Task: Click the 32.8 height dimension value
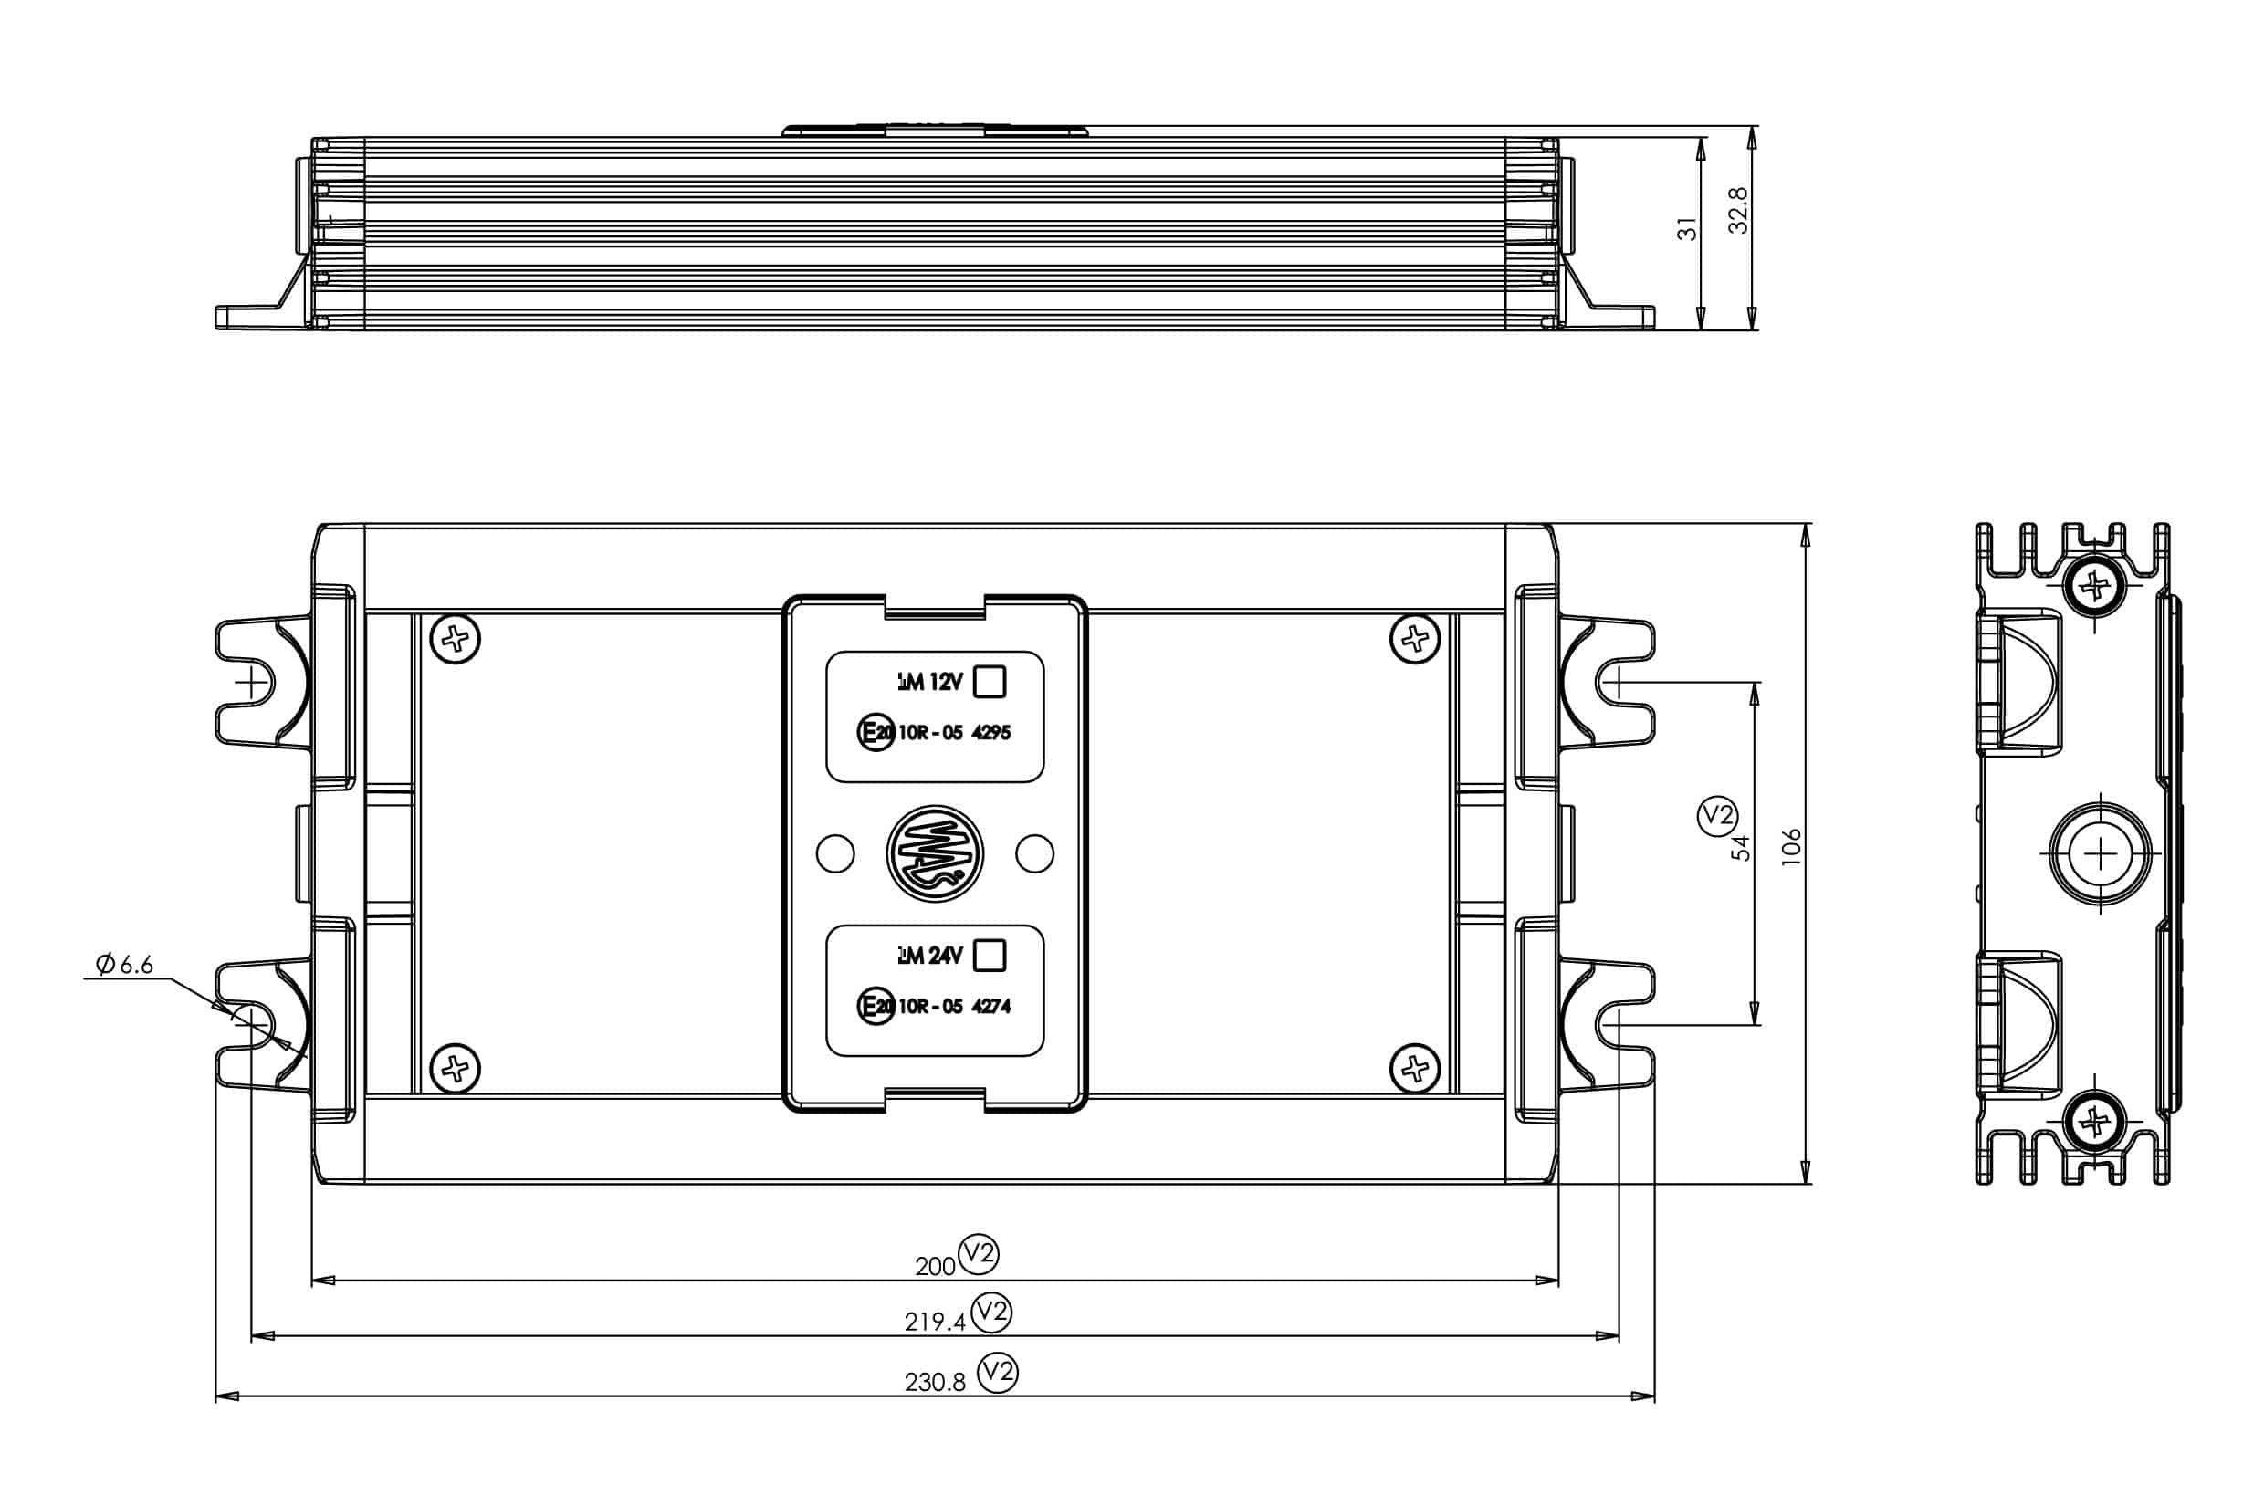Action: [1737, 210]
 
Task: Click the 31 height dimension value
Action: [1687, 228]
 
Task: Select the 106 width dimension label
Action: [1790, 847]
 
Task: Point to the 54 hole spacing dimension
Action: [1741, 848]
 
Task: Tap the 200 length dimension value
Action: [934, 1267]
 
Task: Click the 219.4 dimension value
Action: [934, 1323]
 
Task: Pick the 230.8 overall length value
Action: [934, 1382]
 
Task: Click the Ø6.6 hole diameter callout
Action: [125, 965]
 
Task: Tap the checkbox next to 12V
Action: [990, 682]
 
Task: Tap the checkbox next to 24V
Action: [990, 956]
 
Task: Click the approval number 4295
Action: [991, 733]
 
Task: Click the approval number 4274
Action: [991, 1007]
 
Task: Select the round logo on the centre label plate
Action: [935, 852]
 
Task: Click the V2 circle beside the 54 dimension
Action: [1716, 815]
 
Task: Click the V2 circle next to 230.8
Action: [997, 1373]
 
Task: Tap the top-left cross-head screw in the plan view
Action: [456, 639]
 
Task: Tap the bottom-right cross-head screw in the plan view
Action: [1415, 1068]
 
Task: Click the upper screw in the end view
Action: [2093, 584]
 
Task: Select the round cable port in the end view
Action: [2100, 852]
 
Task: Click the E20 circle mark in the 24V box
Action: [875, 1007]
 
